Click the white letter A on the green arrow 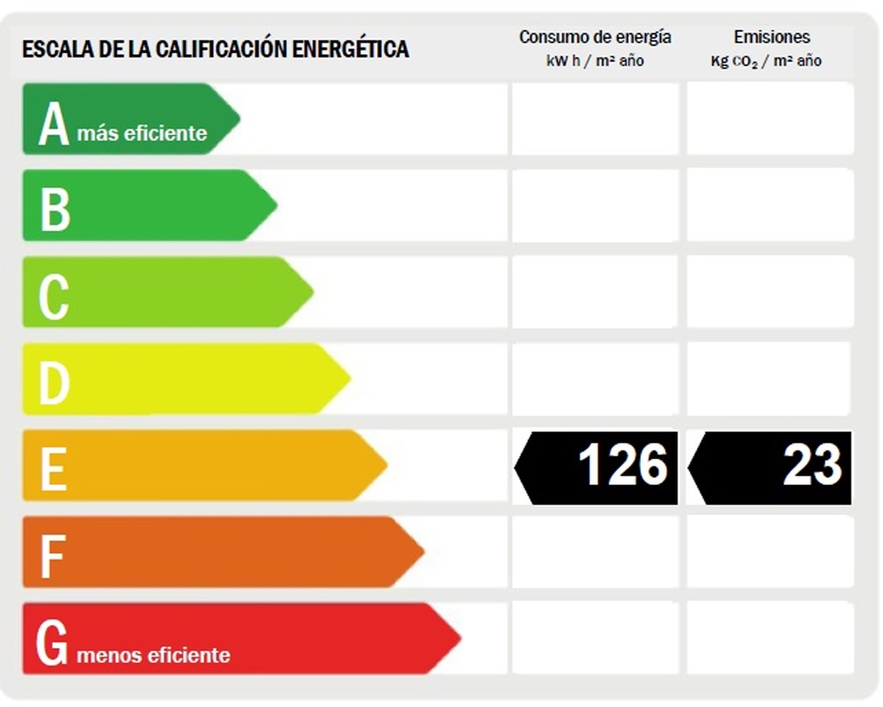pos(53,124)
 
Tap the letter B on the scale pos(55,209)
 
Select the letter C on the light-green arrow pos(53,296)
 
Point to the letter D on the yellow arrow pos(54,383)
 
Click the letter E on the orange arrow pos(53,469)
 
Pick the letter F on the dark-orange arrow pos(52,556)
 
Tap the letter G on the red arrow pos(52,643)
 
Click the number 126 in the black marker pos(623,466)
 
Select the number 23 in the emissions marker pos(811,466)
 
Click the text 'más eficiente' pos(142,133)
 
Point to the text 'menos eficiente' pos(154,655)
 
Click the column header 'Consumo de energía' pos(594,37)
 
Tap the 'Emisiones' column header pos(771,37)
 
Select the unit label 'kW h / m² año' pos(594,61)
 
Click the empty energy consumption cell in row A pos(594,118)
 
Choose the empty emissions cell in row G pos(770,638)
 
